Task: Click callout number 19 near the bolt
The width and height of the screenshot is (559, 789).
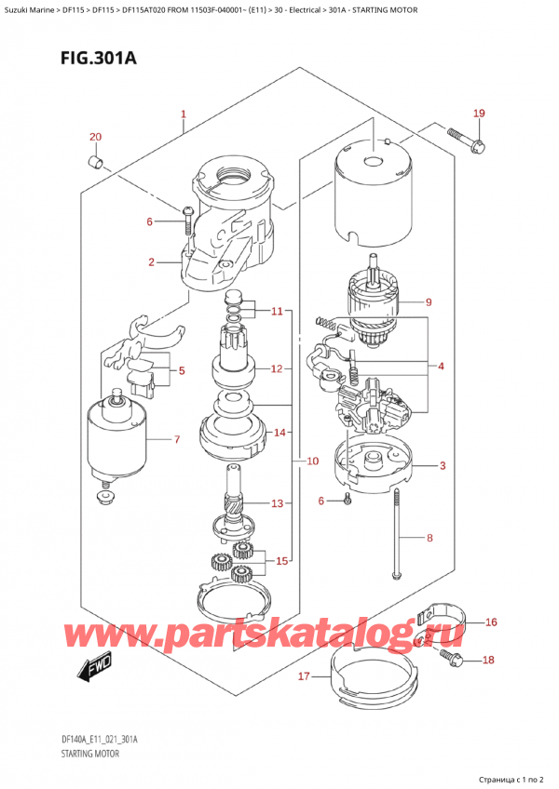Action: tap(478, 114)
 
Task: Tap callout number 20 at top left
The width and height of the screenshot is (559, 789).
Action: tap(94, 138)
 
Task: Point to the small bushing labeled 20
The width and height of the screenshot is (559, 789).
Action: tap(94, 164)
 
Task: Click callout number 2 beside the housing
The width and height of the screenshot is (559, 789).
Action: tap(151, 263)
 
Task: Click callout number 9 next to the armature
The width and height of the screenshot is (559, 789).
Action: tap(428, 301)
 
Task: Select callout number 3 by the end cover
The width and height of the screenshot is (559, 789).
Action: tap(443, 465)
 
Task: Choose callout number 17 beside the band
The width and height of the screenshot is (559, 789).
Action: tap(303, 676)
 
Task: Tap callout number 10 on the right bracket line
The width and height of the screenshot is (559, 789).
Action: tap(311, 461)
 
